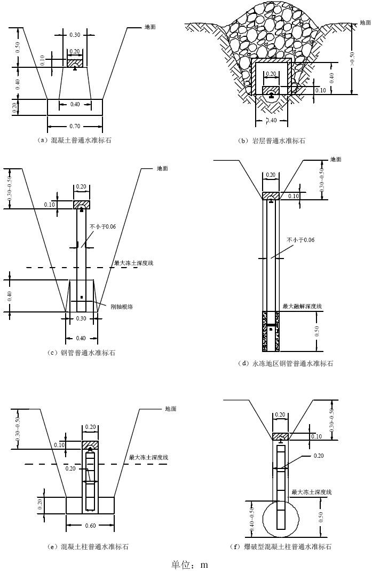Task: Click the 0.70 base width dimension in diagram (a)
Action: tap(75, 127)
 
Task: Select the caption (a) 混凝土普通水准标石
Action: tap(75, 140)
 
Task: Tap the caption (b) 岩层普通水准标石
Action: tap(273, 141)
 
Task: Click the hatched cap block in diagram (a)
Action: tap(75, 62)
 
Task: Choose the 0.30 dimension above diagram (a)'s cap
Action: tap(75, 35)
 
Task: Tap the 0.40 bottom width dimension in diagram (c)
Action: tap(81, 338)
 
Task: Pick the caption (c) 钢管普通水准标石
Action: tap(81, 353)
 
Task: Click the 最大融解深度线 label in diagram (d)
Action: tap(302, 306)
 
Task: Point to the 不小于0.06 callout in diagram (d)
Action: tap(300, 240)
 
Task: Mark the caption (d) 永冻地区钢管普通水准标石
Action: tap(286, 364)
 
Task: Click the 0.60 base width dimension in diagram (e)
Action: tap(90, 526)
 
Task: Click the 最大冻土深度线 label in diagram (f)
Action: tap(312, 491)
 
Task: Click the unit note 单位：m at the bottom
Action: tap(189, 564)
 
